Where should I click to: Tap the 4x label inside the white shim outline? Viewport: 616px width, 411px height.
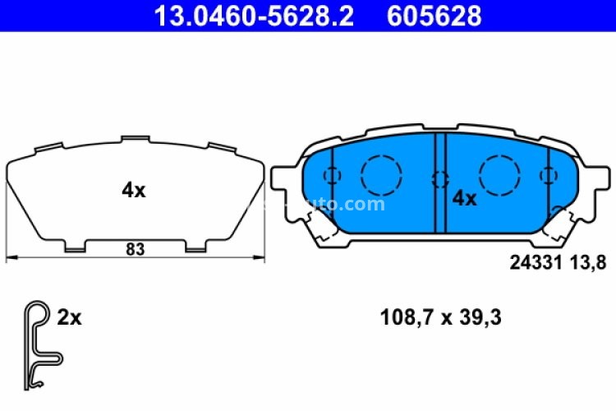click(x=133, y=191)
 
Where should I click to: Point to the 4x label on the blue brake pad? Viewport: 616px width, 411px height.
click(x=464, y=198)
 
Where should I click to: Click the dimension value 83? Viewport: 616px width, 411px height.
click(x=136, y=250)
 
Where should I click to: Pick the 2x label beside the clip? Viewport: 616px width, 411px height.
click(x=70, y=317)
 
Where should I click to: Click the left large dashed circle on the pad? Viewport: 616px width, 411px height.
click(x=380, y=174)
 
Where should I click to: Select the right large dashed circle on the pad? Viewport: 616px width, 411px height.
click(x=500, y=174)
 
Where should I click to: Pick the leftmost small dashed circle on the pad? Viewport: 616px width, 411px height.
click(x=332, y=175)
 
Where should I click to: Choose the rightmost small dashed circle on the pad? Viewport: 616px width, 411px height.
click(x=548, y=175)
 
